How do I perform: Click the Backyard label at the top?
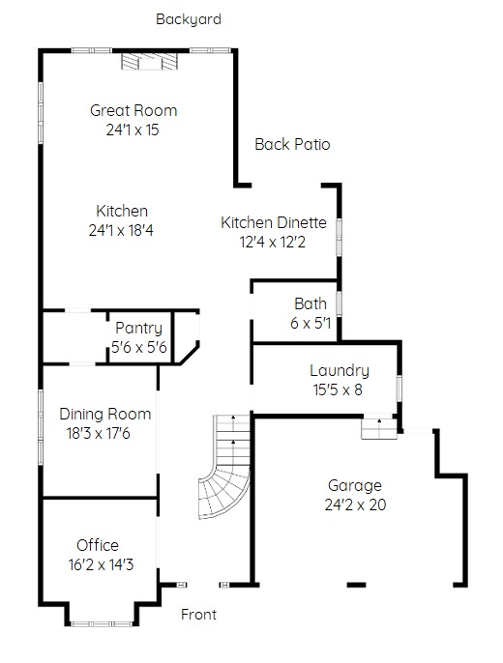point(189,19)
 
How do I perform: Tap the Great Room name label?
point(133,110)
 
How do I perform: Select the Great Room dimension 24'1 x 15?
point(133,130)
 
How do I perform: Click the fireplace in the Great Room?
point(149,61)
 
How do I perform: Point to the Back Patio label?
point(292,144)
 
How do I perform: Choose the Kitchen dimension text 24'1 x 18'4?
point(121,230)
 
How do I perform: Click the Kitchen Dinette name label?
point(274,222)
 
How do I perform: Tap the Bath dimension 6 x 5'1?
point(311,323)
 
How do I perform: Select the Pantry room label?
point(138,329)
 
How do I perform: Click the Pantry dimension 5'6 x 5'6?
point(139,347)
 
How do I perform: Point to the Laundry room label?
point(340,370)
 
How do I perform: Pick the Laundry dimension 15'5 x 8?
point(338,389)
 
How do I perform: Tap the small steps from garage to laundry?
point(379,429)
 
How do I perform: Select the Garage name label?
point(355,485)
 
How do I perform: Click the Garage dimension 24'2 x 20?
point(355,504)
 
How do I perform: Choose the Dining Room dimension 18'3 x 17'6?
point(98,433)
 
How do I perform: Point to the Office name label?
point(98,545)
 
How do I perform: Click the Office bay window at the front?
point(102,623)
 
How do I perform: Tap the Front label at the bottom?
point(199,615)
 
